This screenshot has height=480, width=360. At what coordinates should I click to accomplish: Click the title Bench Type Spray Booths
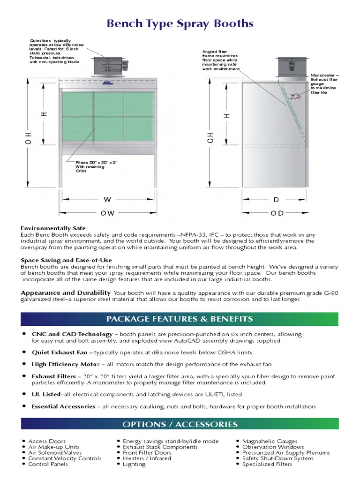pyautogui.click(x=180, y=23)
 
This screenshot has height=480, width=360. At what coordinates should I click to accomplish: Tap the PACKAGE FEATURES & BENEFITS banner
pyautogui.click(x=180, y=319)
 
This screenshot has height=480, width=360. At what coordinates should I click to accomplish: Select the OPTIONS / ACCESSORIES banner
pyautogui.click(x=180, y=424)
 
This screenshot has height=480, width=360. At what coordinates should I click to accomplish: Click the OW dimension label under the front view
pyautogui.click(x=107, y=213)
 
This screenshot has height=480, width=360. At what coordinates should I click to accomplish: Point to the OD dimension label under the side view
pyautogui.click(x=277, y=213)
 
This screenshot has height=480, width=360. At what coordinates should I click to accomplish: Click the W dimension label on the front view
pyautogui.click(x=107, y=200)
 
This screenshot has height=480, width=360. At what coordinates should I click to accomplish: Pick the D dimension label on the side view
pyautogui.click(x=277, y=200)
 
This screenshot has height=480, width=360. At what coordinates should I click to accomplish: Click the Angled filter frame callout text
pyautogui.click(x=220, y=60)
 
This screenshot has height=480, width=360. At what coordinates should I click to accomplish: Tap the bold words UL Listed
pyautogui.click(x=46, y=395)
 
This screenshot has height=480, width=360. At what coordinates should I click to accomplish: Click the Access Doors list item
pyautogui.click(x=47, y=441)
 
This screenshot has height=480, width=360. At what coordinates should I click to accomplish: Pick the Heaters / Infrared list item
pyautogui.click(x=147, y=458)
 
